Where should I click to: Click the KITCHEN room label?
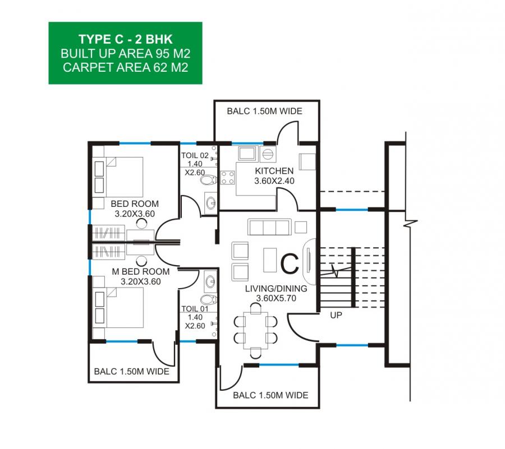pyautogui.click(x=274, y=171)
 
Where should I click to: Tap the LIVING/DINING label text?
pyautogui.click(x=276, y=289)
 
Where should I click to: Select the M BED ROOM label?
pyautogui.click(x=141, y=272)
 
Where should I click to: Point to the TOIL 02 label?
pyautogui.click(x=195, y=156)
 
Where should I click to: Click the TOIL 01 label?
pyautogui.click(x=195, y=309)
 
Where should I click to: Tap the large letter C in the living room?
pyautogui.click(x=290, y=264)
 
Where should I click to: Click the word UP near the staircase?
pyautogui.click(x=336, y=315)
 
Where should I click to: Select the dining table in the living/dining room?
pyautogui.click(x=256, y=331)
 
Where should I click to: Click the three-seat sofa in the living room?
pyautogui.click(x=269, y=227)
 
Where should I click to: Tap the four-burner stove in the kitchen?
pyautogui.click(x=227, y=178)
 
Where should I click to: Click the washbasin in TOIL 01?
pyautogui.click(x=211, y=282)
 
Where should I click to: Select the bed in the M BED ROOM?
pyautogui.click(x=118, y=308)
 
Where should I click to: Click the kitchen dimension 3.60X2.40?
pyautogui.click(x=274, y=181)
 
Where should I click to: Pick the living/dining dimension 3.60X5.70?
pyautogui.click(x=276, y=298)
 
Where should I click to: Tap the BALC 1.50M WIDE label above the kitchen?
pyautogui.click(x=264, y=112)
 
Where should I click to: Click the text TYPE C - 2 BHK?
pyautogui.click(x=126, y=39)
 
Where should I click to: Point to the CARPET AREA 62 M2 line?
pyautogui.click(x=126, y=67)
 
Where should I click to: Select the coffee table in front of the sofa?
pyautogui.click(x=270, y=260)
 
